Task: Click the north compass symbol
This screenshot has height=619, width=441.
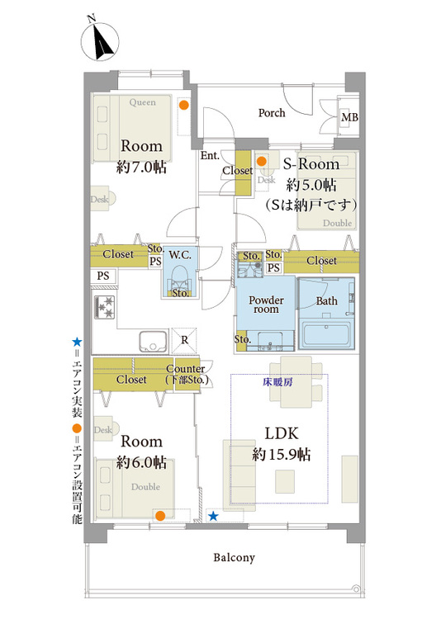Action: tap(100, 40)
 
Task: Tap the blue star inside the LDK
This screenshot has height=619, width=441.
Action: tap(213, 516)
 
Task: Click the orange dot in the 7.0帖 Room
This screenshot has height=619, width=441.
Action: tap(183, 105)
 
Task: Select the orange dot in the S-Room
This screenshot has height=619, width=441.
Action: tap(261, 161)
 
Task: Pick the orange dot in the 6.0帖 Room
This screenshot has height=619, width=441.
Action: tap(160, 516)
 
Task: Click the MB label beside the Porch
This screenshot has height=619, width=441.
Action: tap(349, 117)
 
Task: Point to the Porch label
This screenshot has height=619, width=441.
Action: tap(272, 113)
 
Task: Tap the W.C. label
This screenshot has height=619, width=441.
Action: tap(180, 255)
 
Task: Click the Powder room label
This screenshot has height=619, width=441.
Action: tap(267, 305)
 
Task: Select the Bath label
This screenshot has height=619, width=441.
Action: tap(327, 300)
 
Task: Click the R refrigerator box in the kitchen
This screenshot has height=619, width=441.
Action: tap(184, 340)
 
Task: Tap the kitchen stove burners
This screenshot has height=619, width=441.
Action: tap(105, 308)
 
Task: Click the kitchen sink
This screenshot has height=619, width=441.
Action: tap(153, 341)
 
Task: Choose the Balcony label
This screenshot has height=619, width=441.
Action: tap(235, 557)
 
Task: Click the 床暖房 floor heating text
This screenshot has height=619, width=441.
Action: tap(277, 382)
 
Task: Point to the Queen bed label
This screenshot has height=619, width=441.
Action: tap(143, 102)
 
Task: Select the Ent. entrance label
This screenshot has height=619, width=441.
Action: tap(210, 155)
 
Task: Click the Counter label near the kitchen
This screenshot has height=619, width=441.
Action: tap(185, 369)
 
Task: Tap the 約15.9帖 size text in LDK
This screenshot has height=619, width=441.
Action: tap(282, 455)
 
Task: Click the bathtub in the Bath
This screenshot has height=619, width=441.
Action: tap(326, 335)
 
